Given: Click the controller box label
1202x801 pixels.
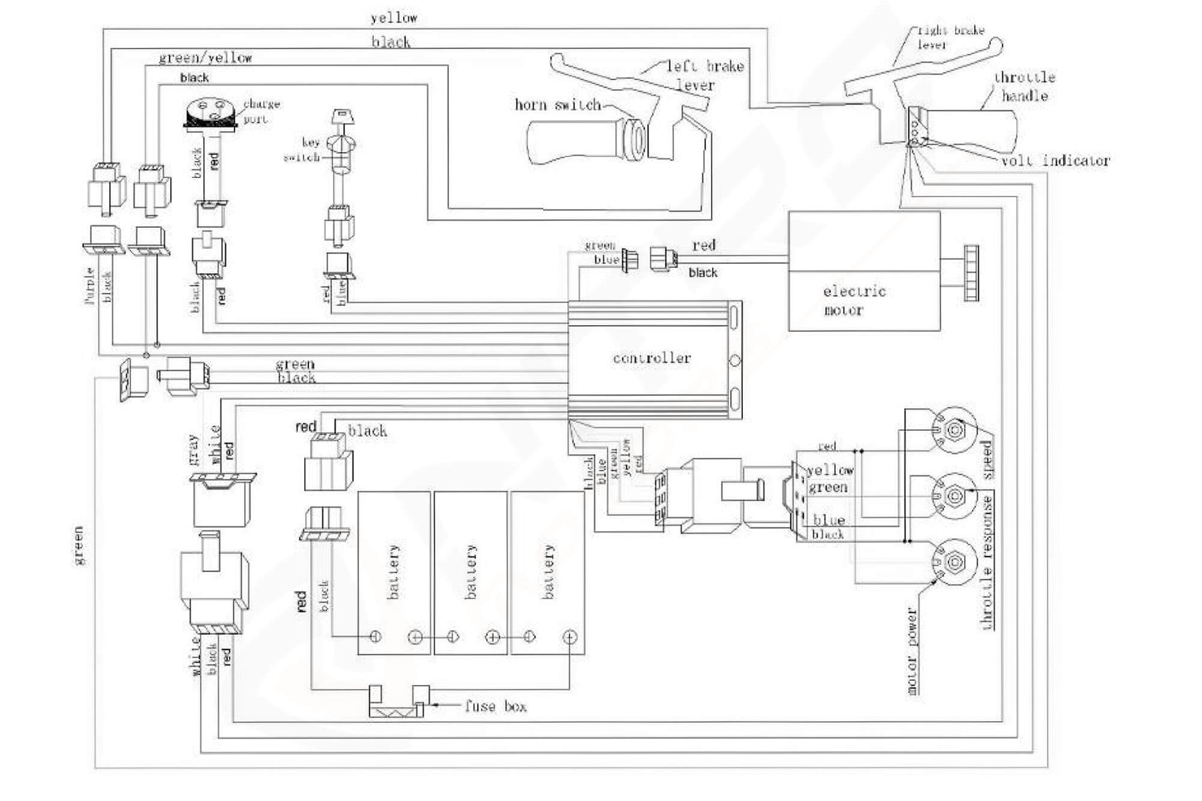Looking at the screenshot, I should pyautogui.click(x=651, y=358).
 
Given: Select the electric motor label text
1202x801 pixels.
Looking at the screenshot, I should pyautogui.click(x=853, y=300).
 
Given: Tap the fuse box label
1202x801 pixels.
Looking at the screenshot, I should pyautogui.click(x=495, y=706).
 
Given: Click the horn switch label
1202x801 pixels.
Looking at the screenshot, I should pyautogui.click(x=557, y=105).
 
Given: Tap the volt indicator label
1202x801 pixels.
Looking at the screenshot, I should pyautogui.click(x=1055, y=160).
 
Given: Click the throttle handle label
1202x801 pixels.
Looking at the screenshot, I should pyautogui.click(x=1024, y=86).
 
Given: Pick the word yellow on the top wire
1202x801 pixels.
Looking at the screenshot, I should pyautogui.click(x=394, y=18).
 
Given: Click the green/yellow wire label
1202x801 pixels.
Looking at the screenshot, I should pyautogui.click(x=205, y=58).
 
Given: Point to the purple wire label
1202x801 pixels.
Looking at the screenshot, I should pyautogui.click(x=90, y=286).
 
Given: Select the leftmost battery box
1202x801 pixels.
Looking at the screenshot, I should pyautogui.click(x=394, y=572).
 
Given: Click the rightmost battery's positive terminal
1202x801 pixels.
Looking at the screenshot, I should pyautogui.click(x=569, y=637).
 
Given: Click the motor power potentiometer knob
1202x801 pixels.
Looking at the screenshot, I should pyautogui.click(x=954, y=562).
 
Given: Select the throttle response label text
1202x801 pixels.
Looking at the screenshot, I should pyautogui.click(x=987, y=562).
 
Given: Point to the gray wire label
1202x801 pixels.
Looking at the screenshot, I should pyautogui.click(x=193, y=449).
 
